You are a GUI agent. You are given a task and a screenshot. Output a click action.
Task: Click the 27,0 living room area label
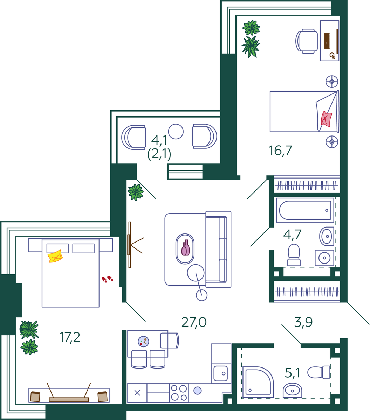click(x=194, y=323)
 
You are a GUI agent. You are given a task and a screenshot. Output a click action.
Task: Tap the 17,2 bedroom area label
click(x=70, y=338)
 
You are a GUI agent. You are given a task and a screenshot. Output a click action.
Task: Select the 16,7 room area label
click(x=280, y=151)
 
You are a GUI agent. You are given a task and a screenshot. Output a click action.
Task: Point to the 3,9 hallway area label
click(x=303, y=323)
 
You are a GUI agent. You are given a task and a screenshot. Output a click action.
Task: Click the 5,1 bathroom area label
click(x=292, y=373)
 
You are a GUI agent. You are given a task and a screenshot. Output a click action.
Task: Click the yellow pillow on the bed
click(x=55, y=256)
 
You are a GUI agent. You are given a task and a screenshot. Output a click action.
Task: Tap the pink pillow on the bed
click(x=326, y=119)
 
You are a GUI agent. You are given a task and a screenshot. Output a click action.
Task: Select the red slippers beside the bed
click(x=107, y=279)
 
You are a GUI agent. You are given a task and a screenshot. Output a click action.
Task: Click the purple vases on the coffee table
click(x=185, y=248)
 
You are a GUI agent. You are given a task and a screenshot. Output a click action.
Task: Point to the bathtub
click(x=305, y=210)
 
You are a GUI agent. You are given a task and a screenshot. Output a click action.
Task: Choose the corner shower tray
click(x=258, y=382)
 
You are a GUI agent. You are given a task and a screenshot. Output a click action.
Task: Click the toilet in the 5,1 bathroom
click(x=318, y=372)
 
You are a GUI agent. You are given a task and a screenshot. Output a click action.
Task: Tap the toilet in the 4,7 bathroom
click(x=294, y=255)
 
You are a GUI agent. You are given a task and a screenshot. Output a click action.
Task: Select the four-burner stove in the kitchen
click(x=179, y=393)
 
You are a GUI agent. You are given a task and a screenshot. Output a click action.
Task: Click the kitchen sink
click(x=221, y=373)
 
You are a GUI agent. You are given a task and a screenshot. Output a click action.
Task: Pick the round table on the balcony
click(x=176, y=132)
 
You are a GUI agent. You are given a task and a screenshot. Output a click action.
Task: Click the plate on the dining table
click(x=143, y=342)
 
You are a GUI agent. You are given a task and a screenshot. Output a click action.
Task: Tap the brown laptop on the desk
click(x=327, y=41)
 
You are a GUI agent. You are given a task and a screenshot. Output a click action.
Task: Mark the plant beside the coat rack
click(x=136, y=192)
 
